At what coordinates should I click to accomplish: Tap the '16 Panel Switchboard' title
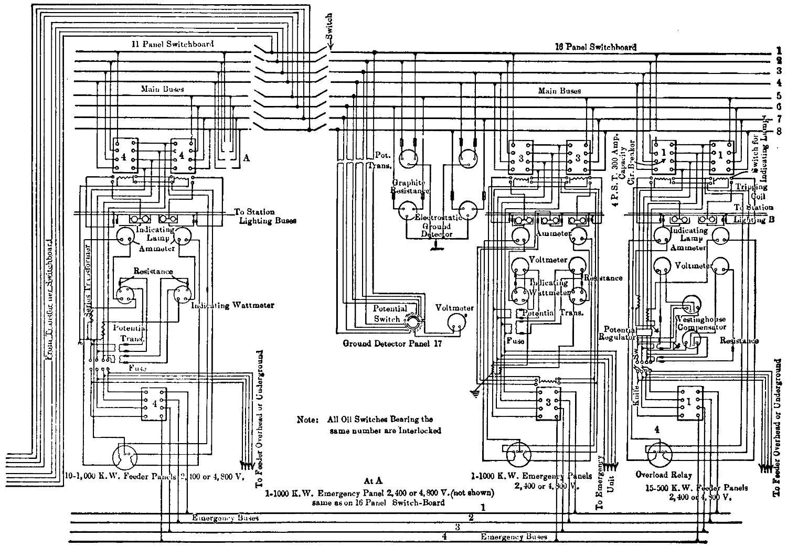click(x=595, y=47)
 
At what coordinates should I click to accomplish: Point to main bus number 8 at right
click(x=780, y=131)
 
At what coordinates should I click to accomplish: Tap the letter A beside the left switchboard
click(x=246, y=157)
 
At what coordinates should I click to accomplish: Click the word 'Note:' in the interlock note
click(x=307, y=420)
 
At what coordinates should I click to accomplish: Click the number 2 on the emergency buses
click(x=471, y=518)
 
